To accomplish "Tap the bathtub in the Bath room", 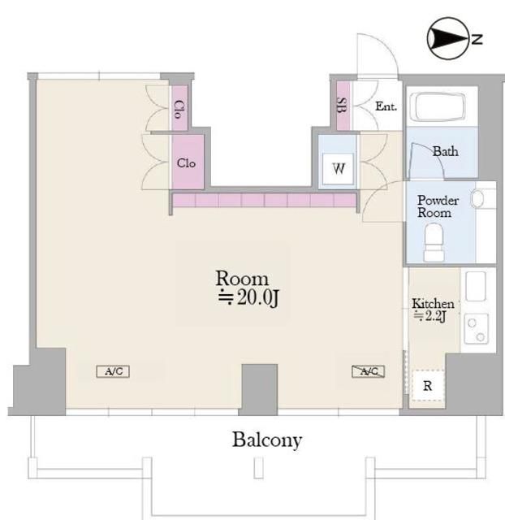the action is tap(438, 107).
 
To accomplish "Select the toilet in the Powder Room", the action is tap(434, 242).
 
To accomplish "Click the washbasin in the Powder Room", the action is tap(478, 198).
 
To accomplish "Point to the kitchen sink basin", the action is tap(476, 286).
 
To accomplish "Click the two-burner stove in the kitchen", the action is tap(476, 328).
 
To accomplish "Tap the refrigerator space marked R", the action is tap(427, 385).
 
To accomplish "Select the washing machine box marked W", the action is tap(338, 168).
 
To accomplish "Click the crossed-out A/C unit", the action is tap(368, 371).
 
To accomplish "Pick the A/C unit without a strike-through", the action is tap(113, 371).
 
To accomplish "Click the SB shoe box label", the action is tap(341, 105).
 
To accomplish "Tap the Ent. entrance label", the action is tap(386, 106).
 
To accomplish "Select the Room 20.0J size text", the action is tap(248, 288).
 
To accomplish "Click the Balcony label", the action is tap(267, 440).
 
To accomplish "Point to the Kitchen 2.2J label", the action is tap(432, 310).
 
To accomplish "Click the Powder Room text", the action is tap(437, 206).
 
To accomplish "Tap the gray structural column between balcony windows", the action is tap(259, 390).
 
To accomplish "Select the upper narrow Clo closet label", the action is tap(178, 110).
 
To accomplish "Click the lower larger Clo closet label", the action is tap(186, 162).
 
